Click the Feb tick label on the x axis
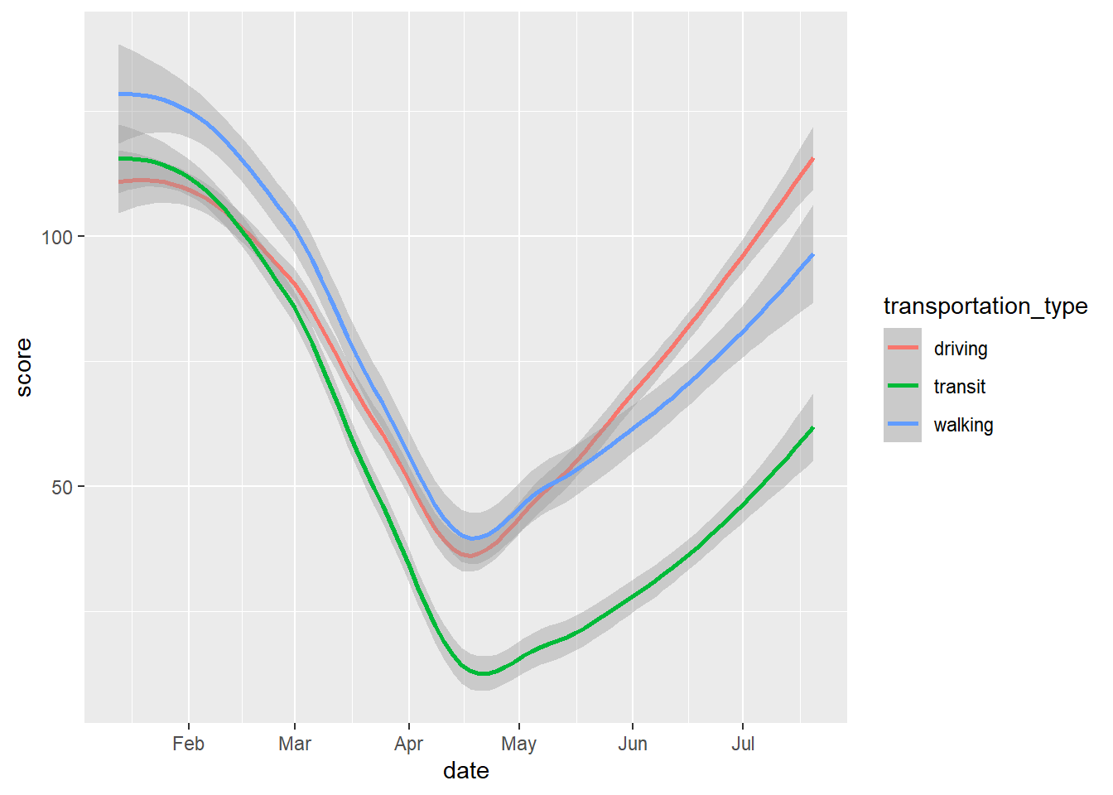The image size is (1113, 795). coord(188,744)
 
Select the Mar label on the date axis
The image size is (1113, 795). coord(295,744)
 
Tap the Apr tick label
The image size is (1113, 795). coord(408,744)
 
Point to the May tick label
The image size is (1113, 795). coord(518,744)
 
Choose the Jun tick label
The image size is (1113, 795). coord(632,744)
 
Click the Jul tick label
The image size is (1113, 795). coord(743,744)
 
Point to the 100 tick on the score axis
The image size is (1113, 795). coord(57,237)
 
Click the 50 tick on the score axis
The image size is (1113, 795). coord(62,487)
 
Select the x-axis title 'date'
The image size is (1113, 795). coord(466,771)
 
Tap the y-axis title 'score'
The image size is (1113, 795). coord(24,367)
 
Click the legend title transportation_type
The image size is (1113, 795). coord(985,306)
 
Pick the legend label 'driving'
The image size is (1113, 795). coord(961,349)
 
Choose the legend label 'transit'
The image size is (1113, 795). coord(960,387)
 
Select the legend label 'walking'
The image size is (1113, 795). coord(963,425)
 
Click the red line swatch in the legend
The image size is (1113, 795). coord(903,348)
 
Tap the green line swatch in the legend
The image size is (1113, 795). coord(903,386)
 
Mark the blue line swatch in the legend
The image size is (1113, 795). coord(903,424)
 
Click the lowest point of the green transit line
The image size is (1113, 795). coord(483,673)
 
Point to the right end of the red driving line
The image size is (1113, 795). coord(813,158)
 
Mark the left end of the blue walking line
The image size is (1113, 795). coord(119,94)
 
